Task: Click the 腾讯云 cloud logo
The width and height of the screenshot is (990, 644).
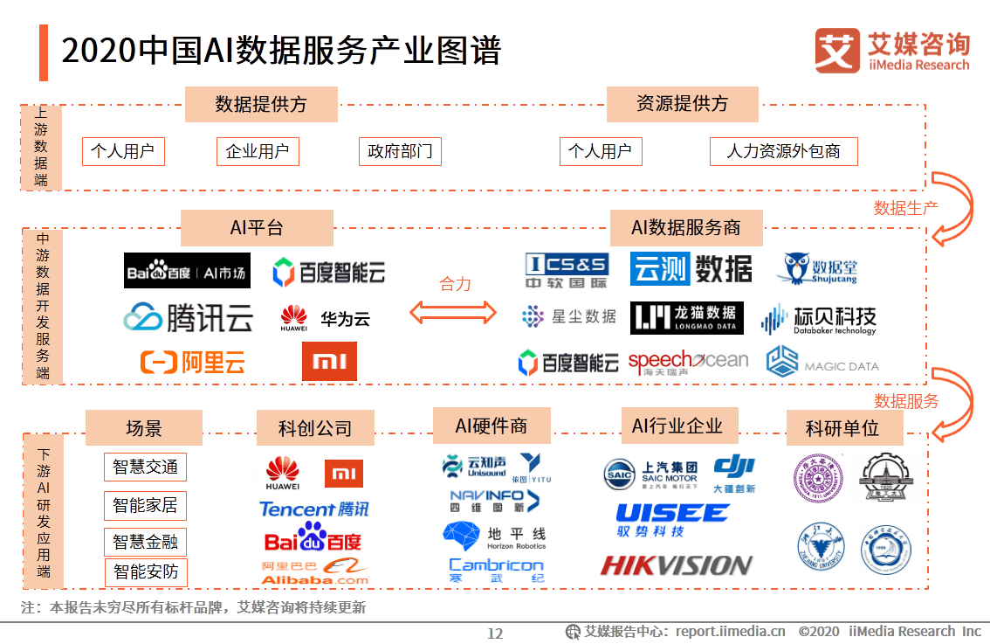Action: click(188, 317)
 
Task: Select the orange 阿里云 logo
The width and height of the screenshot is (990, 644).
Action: click(193, 362)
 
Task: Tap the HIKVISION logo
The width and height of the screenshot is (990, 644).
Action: click(676, 566)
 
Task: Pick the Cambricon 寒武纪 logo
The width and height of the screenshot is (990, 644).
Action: click(496, 571)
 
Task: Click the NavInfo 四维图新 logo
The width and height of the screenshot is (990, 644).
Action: click(494, 501)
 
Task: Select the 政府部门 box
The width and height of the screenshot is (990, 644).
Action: click(400, 151)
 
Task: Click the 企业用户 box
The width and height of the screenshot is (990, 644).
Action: click(258, 151)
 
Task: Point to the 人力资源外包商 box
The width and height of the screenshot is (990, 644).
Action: click(783, 151)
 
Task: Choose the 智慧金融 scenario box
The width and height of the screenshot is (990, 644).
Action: click(145, 542)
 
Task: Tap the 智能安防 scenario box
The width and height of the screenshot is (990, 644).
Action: click(145, 573)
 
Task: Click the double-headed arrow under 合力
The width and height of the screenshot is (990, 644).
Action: click(454, 313)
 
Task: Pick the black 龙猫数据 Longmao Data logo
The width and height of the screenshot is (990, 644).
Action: click(687, 317)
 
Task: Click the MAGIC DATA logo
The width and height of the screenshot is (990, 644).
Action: click(822, 362)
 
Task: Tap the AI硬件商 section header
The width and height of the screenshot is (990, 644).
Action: click(492, 426)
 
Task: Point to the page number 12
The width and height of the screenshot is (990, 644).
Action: click(495, 634)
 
